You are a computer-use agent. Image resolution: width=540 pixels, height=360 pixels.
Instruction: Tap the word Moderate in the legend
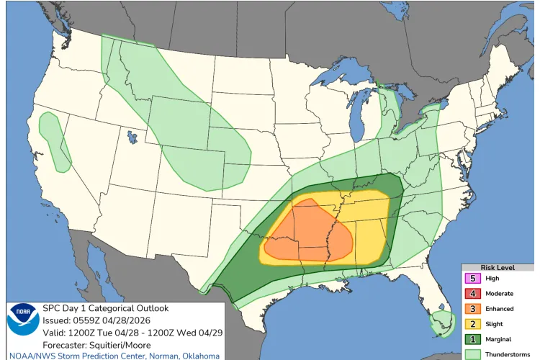(500, 293)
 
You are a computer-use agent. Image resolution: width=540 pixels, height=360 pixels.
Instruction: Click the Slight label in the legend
(495, 323)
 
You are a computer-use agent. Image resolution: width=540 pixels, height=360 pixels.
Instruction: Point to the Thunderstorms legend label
(508, 354)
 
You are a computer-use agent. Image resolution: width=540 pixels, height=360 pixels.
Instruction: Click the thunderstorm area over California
(54, 140)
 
